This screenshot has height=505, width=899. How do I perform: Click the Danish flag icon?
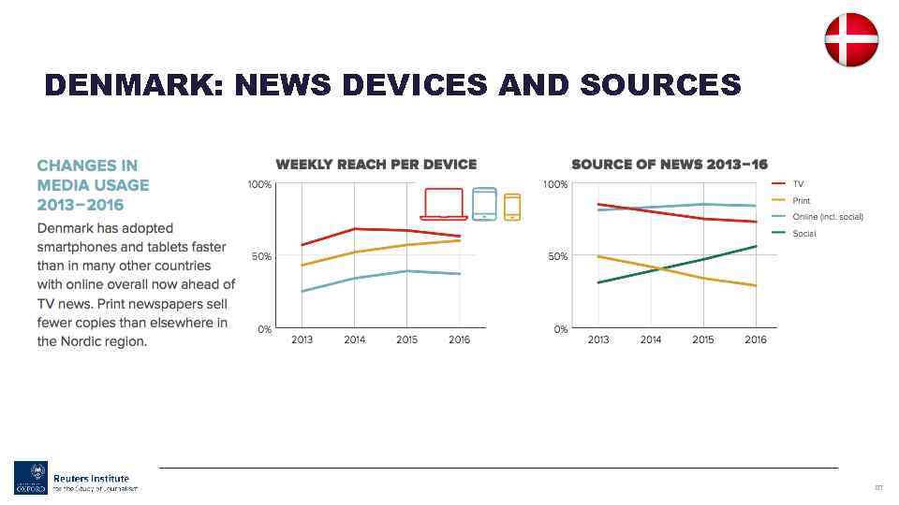pyautogui.click(x=850, y=40)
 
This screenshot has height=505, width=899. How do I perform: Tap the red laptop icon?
pyautogui.click(x=444, y=204)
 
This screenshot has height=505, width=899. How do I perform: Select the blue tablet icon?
pyautogui.click(x=484, y=204)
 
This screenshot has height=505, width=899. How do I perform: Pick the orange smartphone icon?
pyautogui.click(x=511, y=207)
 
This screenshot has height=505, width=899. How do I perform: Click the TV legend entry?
pyautogui.click(x=798, y=184)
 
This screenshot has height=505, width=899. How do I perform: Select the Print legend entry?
pyautogui.click(x=801, y=200)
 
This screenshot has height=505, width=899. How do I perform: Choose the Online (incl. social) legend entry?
pyautogui.click(x=827, y=217)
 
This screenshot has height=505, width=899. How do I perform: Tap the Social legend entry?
pyautogui.click(x=803, y=233)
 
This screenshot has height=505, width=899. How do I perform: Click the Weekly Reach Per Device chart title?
pyautogui.click(x=376, y=164)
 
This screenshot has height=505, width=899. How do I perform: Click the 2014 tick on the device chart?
pyautogui.click(x=354, y=339)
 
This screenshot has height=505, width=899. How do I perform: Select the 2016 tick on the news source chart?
pyautogui.click(x=755, y=339)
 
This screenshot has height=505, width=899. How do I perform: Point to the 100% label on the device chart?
pyautogui.click(x=259, y=185)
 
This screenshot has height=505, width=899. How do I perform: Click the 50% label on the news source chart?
pyautogui.click(x=556, y=256)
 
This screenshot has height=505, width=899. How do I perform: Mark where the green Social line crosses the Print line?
pyautogui.click(x=657, y=269)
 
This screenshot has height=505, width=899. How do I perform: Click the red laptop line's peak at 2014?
pyautogui.click(x=354, y=228)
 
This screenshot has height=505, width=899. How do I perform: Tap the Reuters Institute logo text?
pyautogui.click(x=91, y=479)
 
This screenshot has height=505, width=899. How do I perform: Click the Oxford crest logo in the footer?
pyautogui.click(x=30, y=478)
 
